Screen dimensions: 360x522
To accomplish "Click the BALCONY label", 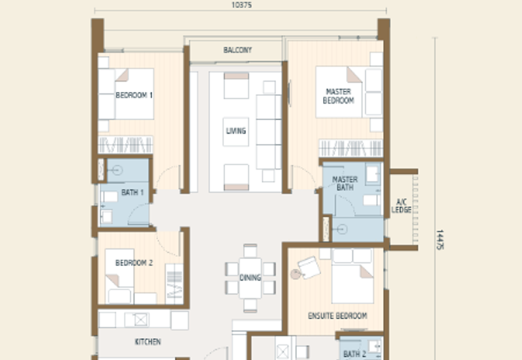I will pyautogui.click(x=238, y=50).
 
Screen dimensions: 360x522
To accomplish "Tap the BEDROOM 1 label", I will pyautogui.click(x=134, y=95).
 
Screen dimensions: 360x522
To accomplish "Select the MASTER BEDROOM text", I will pyautogui.click(x=339, y=97).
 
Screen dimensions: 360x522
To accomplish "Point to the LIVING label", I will pyautogui.click(x=236, y=130).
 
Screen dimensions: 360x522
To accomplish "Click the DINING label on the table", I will pyautogui.click(x=250, y=278).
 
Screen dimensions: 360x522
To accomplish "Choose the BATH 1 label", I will pyautogui.click(x=132, y=193).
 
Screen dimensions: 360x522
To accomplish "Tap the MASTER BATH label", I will pyautogui.click(x=345, y=184).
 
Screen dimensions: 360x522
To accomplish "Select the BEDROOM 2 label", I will pyautogui.click(x=134, y=263).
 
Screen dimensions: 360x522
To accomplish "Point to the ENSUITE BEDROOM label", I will pyautogui.click(x=337, y=316).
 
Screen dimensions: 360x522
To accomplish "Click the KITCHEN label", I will pyautogui.click(x=147, y=342).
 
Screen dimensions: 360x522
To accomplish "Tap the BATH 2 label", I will pyautogui.click(x=354, y=355).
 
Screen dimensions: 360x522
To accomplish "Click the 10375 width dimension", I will pyautogui.click(x=241, y=5).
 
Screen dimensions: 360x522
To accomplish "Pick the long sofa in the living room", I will pyautogui.click(x=268, y=130).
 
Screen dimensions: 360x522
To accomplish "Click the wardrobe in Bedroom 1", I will pyautogui.click(x=125, y=145).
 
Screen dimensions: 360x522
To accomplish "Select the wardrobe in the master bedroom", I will pyautogui.click(x=350, y=147).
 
